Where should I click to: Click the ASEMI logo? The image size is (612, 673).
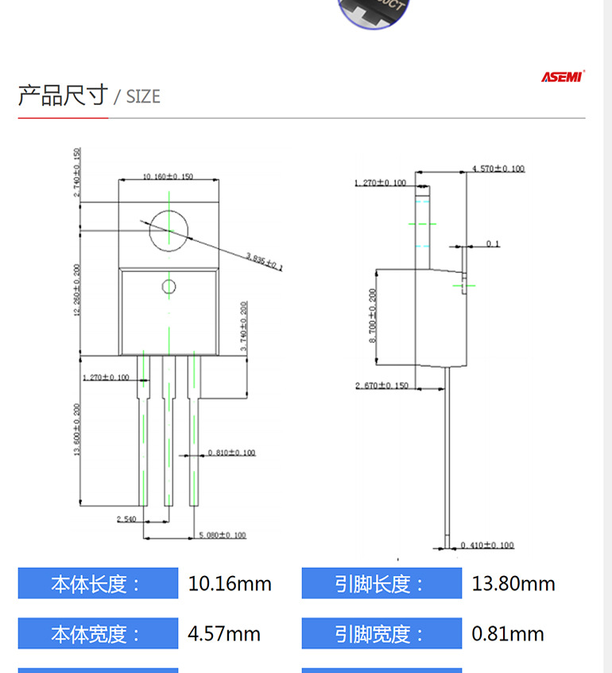563,77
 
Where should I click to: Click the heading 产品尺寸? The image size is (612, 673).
62,95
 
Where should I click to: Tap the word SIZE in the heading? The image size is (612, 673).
143,97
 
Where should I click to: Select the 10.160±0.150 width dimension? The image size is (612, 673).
168,177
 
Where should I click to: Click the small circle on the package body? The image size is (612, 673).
168,286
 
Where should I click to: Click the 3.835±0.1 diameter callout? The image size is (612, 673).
264,260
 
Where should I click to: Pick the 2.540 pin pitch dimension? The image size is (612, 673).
126,519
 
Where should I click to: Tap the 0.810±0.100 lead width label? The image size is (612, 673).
231,453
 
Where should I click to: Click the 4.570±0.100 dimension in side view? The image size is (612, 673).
498,169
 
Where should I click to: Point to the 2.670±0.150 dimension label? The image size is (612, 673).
382,386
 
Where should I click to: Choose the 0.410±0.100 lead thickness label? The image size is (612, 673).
487,546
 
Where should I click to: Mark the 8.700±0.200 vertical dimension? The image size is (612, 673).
373,316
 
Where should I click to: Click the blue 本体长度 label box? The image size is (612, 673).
98,584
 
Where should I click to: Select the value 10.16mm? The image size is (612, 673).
230,584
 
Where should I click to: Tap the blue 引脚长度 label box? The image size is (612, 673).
382,584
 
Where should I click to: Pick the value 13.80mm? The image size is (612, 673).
513,584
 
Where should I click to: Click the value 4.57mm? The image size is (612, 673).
224,634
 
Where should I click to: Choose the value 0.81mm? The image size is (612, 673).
508,634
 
